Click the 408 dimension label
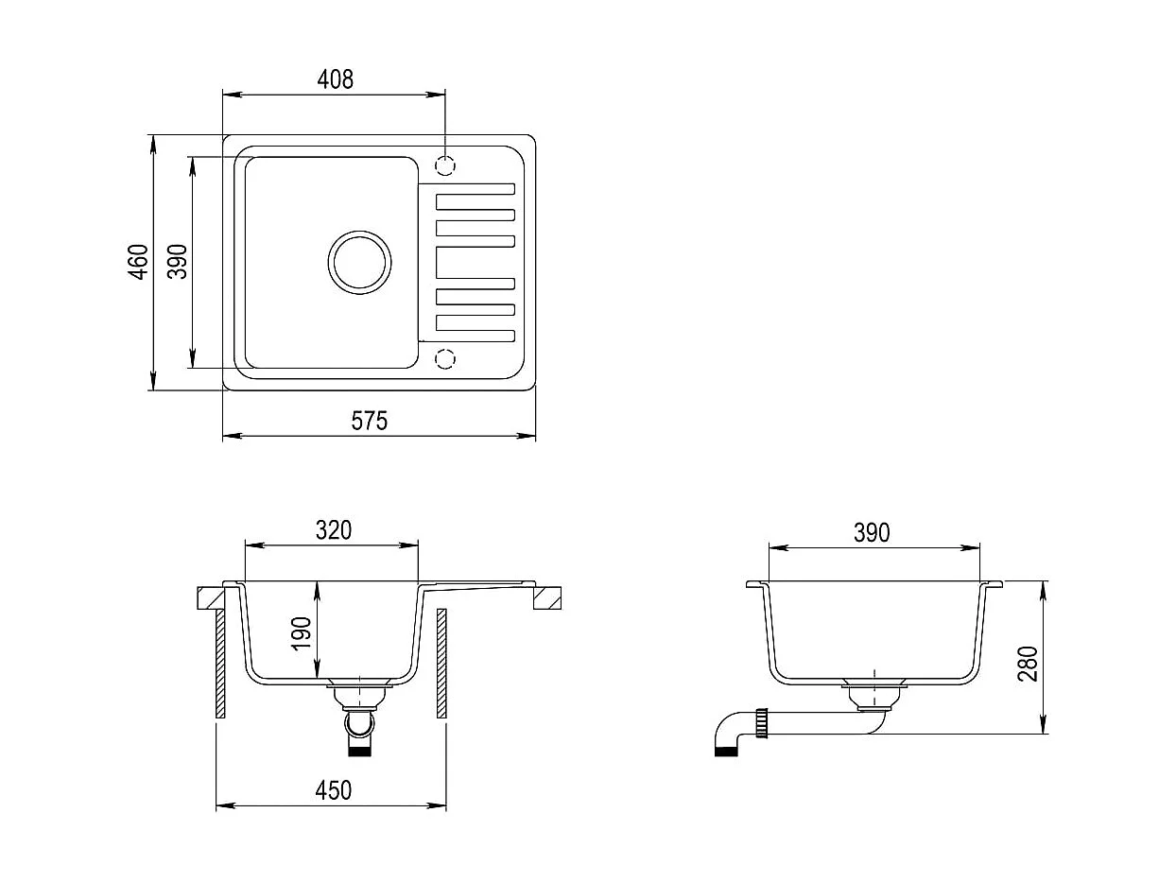pos(335,79)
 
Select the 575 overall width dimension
pos(370,421)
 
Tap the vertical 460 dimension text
pos(139,262)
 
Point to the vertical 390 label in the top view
pos(178,262)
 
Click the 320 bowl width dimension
pos(333,530)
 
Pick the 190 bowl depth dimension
pos(302,632)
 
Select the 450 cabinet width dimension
pos(333,790)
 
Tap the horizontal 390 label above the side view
pos(872,533)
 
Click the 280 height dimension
pos(1029,664)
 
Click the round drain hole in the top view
pos(359,261)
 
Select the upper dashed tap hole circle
pos(445,165)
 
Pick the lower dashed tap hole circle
pos(445,358)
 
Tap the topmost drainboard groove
pos(475,201)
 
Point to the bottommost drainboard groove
pos(475,335)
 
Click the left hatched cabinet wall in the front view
pos(220,663)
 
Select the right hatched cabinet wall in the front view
pos(441,663)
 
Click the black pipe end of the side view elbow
pos(724,752)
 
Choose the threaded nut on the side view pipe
pos(759,726)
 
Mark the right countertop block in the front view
pos(547,598)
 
